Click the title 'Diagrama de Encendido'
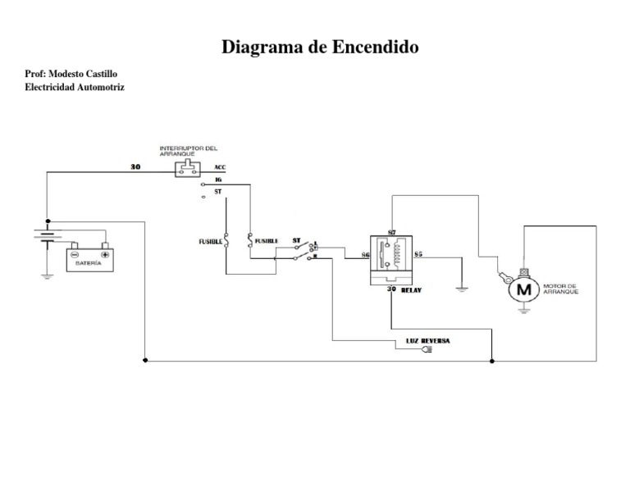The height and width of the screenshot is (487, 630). pyautogui.click(x=320, y=48)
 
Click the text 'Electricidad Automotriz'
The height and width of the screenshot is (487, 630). pyautogui.click(x=75, y=87)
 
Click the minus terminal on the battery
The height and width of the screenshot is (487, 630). pyautogui.click(x=74, y=253)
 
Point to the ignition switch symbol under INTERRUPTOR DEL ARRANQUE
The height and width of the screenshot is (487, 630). pyautogui.click(x=187, y=168)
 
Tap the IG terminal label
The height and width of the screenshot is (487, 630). pyautogui.click(x=218, y=179)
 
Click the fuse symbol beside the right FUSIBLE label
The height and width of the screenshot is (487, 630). pyautogui.click(x=250, y=240)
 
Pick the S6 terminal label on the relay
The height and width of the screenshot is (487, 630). pyautogui.click(x=365, y=256)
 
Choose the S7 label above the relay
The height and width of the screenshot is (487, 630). pyautogui.click(x=392, y=234)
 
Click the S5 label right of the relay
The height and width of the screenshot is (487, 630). pyautogui.click(x=418, y=255)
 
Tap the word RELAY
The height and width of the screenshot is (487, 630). pyautogui.click(x=412, y=289)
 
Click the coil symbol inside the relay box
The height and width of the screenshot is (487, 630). pyautogui.click(x=399, y=254)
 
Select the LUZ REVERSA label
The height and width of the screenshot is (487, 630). pyautogui.click(x=427, y=340)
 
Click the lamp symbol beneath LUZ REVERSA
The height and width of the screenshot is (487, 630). pyautogui.click(x=426, y=350)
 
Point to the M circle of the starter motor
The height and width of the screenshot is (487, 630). pyautogui.click(x=521, y=289)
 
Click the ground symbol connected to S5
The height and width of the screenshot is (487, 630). pyautogui.click(x=462, y=287)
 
